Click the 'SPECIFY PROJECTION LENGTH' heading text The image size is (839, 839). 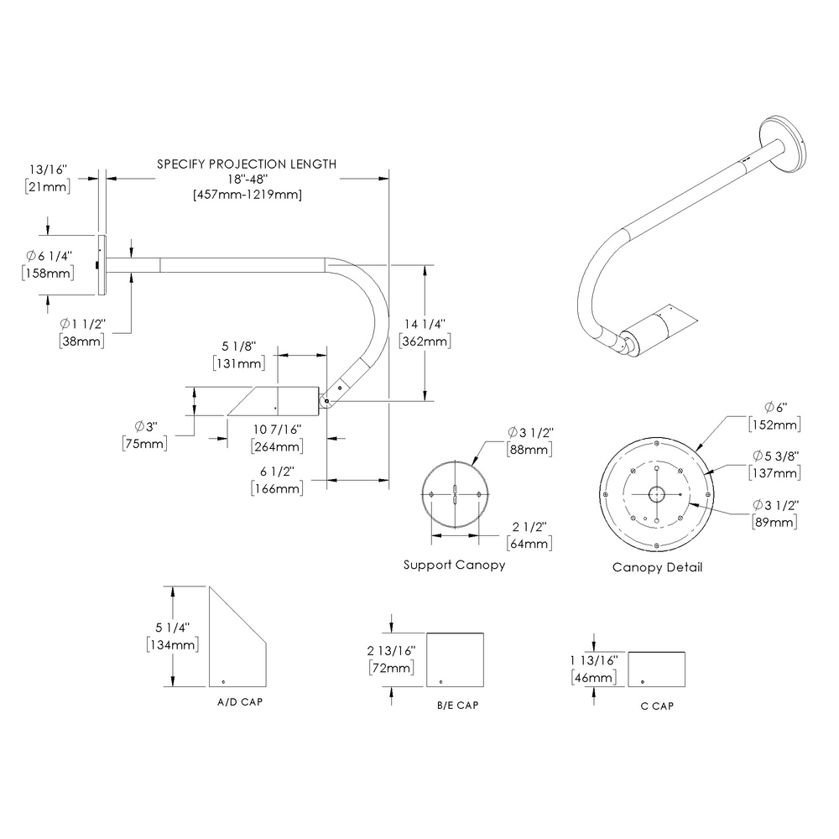(247, 164)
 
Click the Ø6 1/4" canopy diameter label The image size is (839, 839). (49, 256)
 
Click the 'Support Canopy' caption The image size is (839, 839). (454, 565)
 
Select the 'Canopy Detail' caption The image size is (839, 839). (657, 567)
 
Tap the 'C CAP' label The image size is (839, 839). (656, 706)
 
